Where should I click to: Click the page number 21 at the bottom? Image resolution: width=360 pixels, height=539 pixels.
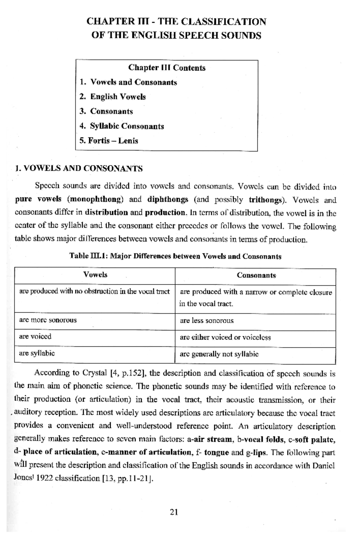pyautogui.click(x=174, y=512)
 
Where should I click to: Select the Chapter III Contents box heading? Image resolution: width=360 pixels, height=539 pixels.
pyautogui.click(x=167, y=68)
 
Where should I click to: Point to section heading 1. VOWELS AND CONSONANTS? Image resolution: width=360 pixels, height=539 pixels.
pyautogui.click(x=79, y=168)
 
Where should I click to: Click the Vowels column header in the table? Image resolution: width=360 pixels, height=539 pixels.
pyautogui.click(x=95, y=275)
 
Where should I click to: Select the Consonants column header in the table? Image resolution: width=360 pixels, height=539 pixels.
pyautogui.click(x=256, y=275)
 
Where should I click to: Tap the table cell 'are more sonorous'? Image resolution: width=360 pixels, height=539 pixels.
pyautogui.click(x=48, y=320)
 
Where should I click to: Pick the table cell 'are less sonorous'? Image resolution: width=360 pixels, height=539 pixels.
pyautogui.click(x=207, y=321)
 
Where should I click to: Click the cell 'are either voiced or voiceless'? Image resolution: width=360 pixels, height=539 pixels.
pyautogui.click(x=225, y=337)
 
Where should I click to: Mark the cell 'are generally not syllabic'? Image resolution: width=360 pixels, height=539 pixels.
pyautogui.click(x=219, y=354)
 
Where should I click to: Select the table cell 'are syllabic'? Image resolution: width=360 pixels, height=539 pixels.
pyautogui.click(x=37, y=353)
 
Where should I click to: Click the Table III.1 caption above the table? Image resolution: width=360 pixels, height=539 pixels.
pyautogui.click(x=175, y=256)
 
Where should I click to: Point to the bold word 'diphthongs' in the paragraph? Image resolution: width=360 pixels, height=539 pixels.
pyautogui.click(x=168, y=199)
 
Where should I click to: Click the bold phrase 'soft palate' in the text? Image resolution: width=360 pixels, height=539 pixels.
pyautogui.click(x=314, y=440)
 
